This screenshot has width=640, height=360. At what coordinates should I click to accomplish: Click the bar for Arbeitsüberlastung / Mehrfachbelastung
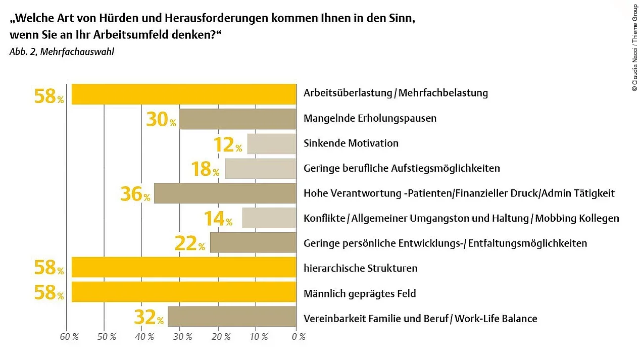183,94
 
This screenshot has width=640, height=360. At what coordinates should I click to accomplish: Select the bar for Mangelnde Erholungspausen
237,119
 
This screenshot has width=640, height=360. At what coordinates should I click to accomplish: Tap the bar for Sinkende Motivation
271,144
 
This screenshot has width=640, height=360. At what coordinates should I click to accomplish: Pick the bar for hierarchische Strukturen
183,267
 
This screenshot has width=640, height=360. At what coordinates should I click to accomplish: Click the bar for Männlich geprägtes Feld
183,292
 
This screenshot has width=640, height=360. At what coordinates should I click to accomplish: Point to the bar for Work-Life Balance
232,317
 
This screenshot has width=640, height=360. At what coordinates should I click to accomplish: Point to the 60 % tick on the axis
69,337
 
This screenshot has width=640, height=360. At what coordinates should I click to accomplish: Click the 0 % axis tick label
299,337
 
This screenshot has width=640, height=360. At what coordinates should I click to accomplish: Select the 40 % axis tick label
144,337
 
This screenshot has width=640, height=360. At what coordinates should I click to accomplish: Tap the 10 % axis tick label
258,337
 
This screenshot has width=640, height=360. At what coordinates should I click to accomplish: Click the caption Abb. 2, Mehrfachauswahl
62,52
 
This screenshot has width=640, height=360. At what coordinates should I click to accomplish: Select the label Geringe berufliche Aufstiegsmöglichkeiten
401,169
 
